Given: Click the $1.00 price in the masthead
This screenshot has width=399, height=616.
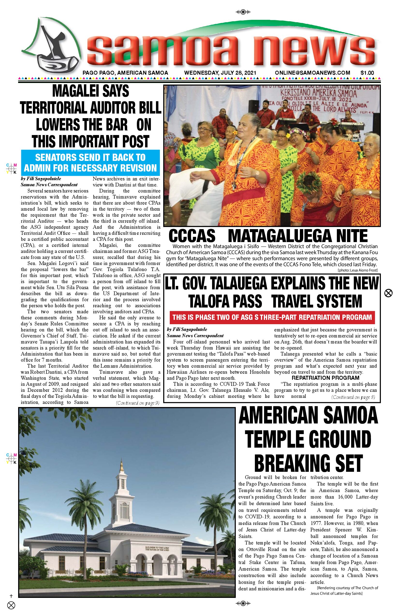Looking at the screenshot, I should point(367,73).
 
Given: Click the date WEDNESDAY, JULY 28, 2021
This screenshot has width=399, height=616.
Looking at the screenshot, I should point(220,73).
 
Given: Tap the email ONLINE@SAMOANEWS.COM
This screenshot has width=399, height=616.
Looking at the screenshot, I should point(312,73).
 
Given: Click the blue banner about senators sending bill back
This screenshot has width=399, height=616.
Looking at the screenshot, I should point(90,163).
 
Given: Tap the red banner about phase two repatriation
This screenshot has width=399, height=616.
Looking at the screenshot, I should point(272,317).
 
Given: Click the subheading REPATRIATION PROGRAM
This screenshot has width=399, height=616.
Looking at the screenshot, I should point(325,378).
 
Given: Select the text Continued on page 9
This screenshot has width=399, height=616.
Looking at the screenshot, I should point(138,403).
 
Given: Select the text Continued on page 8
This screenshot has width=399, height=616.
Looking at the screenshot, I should point(353,397).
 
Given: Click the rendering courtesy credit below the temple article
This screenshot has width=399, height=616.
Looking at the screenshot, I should point(344,591).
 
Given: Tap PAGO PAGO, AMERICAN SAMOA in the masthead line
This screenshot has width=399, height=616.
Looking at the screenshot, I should point(125,73).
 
